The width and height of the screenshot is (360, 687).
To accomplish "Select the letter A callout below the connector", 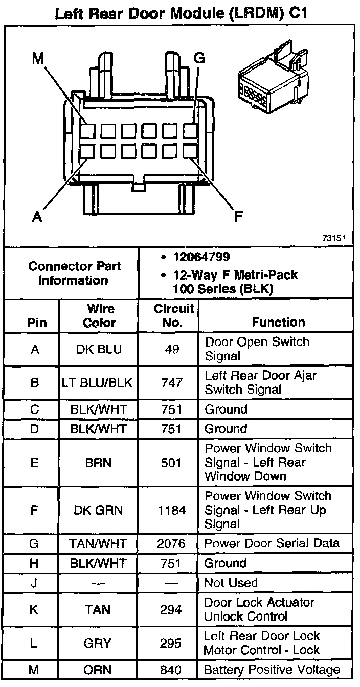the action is click(36, 217).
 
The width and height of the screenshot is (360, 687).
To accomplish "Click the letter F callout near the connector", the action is click(238, 217).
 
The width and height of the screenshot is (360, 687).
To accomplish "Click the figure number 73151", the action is click(334, 238).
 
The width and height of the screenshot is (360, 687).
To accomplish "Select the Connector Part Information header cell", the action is click(75, 273).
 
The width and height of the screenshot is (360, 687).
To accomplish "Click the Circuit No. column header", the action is click(174, 315).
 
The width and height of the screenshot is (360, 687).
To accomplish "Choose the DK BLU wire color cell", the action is click(99, 349).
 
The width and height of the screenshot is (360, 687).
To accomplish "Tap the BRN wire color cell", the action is click(99, 463).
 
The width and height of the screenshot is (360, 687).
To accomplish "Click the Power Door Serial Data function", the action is click(272, 543).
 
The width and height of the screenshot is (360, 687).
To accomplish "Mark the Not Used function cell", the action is click(231, 583).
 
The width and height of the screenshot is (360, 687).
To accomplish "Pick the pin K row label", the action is click(34, 609).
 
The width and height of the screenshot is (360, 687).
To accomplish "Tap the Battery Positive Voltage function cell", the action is click(272, 670).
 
